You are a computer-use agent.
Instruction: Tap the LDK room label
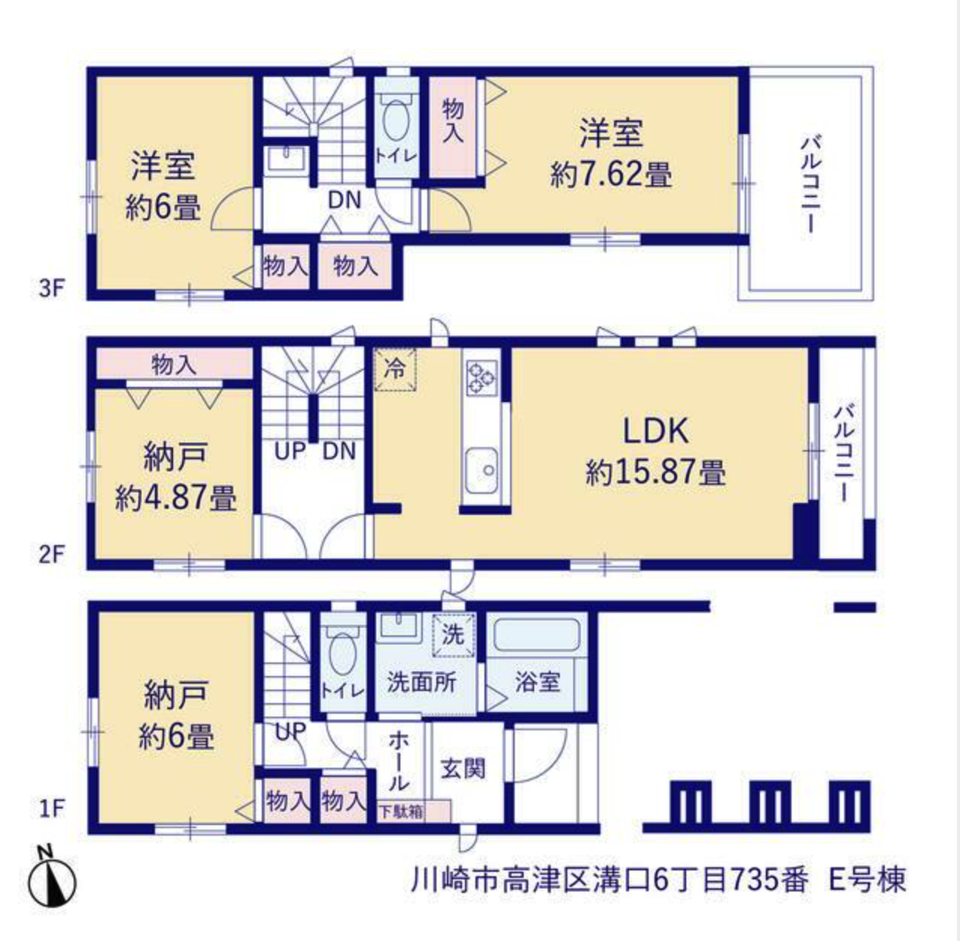[655, 431]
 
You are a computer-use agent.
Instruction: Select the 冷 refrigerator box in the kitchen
[395, 370]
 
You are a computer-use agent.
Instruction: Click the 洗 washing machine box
[454, 635]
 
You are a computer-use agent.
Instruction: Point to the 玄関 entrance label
[463, 769]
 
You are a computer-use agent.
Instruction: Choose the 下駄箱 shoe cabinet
[414, 812]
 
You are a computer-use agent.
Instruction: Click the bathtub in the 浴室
[536, 635]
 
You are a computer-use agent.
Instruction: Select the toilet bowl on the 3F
[397, 121]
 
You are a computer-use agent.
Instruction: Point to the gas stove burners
[482, 377]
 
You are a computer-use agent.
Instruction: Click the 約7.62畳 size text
[611, 175]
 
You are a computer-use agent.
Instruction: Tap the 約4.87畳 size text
[175, 498]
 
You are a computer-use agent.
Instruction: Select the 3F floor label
[53, 289]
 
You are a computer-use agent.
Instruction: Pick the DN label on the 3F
[344, 200]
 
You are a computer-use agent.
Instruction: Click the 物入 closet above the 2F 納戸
[174, 364]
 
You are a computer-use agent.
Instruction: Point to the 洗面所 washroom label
[421, 682]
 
